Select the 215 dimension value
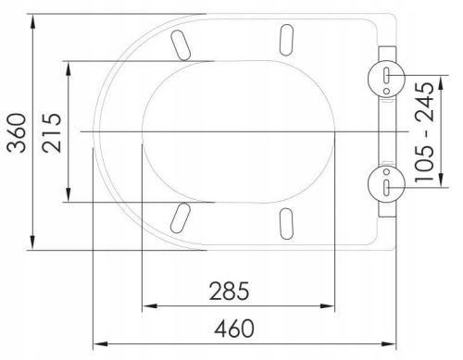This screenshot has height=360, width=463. pos(52,130)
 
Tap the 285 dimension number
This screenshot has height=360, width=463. pos(228,292)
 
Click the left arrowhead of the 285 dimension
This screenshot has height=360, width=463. pos(144,308)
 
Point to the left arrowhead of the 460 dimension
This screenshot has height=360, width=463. pos(97,343)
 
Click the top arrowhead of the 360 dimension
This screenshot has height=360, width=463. pos(33,19)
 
